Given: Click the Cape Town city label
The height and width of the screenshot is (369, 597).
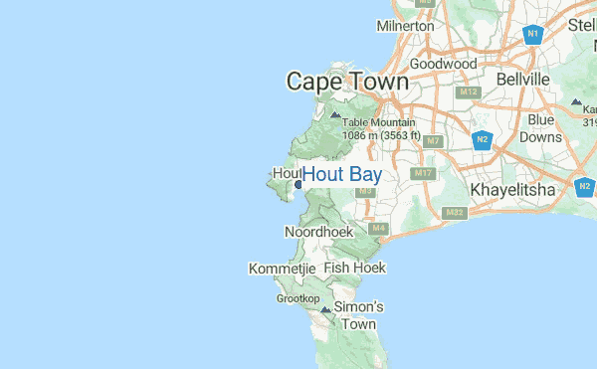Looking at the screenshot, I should coord(347,83).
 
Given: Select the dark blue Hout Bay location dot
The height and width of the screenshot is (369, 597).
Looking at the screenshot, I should coord(298,183).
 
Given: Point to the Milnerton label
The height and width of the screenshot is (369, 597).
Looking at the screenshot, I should coord(405,26).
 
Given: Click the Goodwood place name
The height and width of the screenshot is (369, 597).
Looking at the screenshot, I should coord(443,64).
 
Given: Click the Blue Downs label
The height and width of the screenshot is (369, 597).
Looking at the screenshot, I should coord(541,128).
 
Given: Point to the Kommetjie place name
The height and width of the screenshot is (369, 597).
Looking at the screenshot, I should coord(282,269).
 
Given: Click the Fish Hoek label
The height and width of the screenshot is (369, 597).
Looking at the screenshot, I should coord(354,268).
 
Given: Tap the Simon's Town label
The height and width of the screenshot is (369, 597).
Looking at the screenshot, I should coord(357,315).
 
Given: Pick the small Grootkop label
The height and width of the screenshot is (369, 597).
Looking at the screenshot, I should coord(298,298).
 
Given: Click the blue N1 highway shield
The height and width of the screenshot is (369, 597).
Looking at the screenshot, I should coord(533,35).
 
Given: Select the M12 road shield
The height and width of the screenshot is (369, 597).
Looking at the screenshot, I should coord(470,92).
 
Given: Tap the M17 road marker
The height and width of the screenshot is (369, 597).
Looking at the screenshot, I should coord(425,174).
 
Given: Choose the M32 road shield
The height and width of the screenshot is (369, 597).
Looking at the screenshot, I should coord(456,213).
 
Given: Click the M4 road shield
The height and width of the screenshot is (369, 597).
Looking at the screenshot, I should coord(378,229).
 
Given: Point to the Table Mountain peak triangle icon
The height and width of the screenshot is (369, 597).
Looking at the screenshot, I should coord(335,115).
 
